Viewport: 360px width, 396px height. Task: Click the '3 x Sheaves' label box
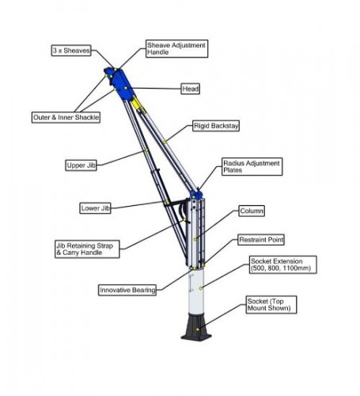(x=71, y=51)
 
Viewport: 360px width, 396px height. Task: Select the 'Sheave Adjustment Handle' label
(x=176, y=48)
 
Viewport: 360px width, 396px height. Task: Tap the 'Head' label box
(x=190, y=89)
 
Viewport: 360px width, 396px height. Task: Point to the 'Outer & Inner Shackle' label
(x=66, y=117)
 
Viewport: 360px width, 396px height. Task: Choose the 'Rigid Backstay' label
(x=216, y=126)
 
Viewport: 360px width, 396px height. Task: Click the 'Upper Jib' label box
(x=81, y=166)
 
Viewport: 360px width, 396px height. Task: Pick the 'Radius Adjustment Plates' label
(x=252, y=166)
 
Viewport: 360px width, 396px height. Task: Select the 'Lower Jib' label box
(x=95, y=208)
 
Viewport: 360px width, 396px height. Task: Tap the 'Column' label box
(x=252, y=211)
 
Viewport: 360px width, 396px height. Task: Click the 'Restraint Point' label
(x=261, y=240)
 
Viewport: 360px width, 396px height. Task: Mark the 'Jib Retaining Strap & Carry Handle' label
(x=87, y=249)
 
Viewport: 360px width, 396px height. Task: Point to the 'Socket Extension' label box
(x=282, y=265)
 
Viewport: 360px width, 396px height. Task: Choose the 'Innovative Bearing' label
(x=127, y=290)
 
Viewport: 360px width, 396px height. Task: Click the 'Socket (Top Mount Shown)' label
(x=271, y=305)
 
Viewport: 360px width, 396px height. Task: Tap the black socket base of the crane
(x=196, y=326)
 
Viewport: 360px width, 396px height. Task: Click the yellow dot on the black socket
(x=198, y=329)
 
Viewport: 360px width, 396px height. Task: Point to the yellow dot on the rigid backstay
(x=165, y=143)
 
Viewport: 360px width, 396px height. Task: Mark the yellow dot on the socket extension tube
(x=201, y=288)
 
